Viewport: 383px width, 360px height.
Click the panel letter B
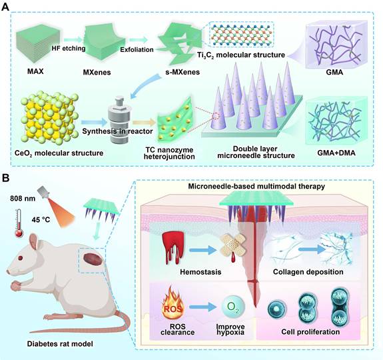tap(7, 178)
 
